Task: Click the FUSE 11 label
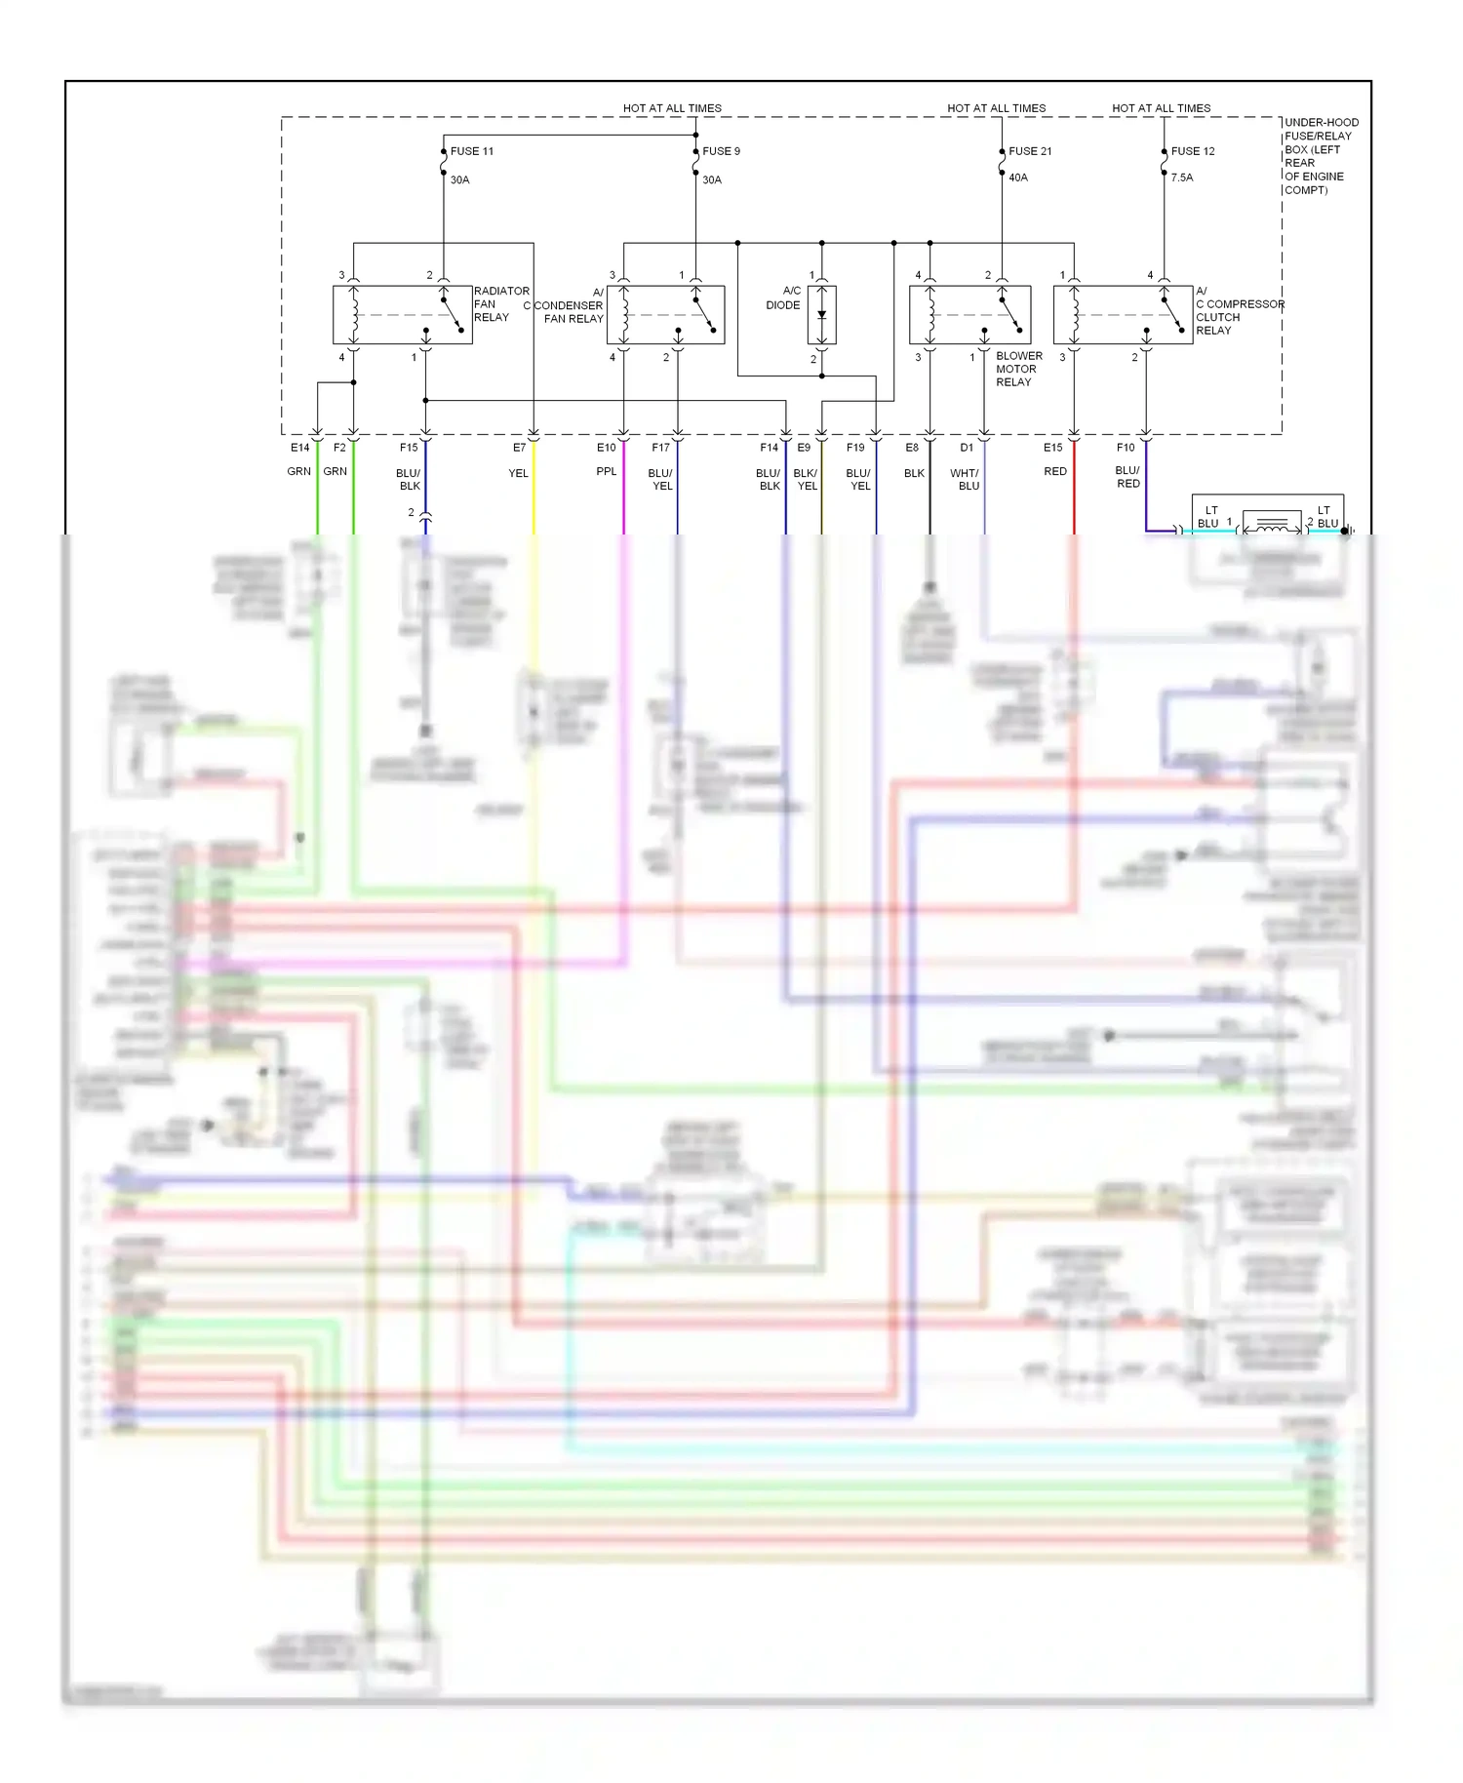tap(472, 151)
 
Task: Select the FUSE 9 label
tap(721, 151)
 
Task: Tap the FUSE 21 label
tap(1030, 151)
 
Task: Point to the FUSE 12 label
tap(1193, 151)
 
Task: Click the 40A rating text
tap(1018, 178)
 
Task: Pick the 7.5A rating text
tap(1182, 178)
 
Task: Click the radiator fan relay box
tap(402, 314)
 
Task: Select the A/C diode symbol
tap(821, 314)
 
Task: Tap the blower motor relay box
tap(969, 314)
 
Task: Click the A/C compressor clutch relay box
tap(1123, 314)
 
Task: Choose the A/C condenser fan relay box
tap(665, 314)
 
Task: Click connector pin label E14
tap(299, 448)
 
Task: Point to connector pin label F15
tap(409, 448)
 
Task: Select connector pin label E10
tap(607, 448)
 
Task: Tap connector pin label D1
tap(967, 448)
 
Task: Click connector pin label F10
tap(1126, 448)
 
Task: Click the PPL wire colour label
tap(607, 471)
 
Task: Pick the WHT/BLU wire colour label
tap(966, 479)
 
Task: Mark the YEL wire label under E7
tap(518, 473)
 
